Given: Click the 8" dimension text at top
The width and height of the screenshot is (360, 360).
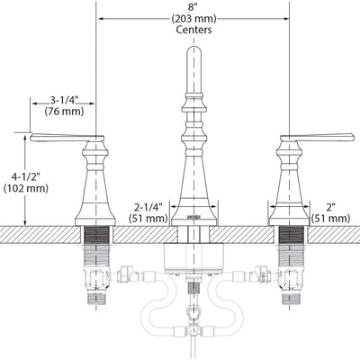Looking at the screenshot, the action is click(x=194, y=7).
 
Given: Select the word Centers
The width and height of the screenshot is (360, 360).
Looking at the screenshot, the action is click(x=193, y=30).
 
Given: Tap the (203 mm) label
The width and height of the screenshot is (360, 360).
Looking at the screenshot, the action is click(x=193, y=19).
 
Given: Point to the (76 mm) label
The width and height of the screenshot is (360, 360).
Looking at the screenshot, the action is click(x=64, y=112).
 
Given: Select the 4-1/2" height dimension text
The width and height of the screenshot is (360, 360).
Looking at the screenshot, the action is click(x=26, y=176).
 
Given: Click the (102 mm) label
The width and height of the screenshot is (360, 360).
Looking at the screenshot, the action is click(x=26, y=188).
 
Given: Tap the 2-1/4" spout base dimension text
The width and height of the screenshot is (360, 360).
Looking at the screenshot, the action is click(x=148, y=207).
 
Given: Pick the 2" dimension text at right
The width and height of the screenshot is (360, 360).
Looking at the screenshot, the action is click(x=330, y=207).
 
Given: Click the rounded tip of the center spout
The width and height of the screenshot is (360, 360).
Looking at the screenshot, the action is click(x=194, y=48).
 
